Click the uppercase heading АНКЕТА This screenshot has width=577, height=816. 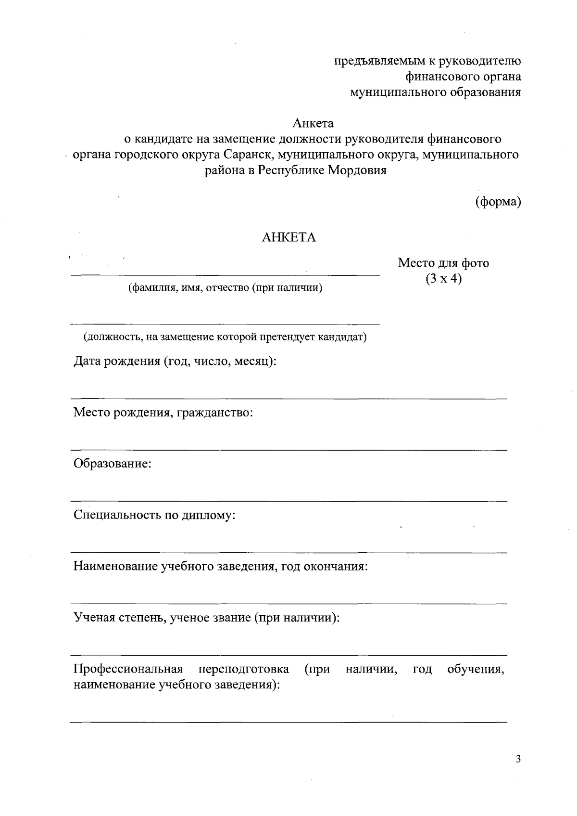[x=288, y=238]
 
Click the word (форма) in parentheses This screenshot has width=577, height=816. [x=498, y=202]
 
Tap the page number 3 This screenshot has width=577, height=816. [x=518, y=760]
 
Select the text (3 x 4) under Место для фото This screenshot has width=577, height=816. [x=443, y=279]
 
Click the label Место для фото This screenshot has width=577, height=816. [x=443, y=263]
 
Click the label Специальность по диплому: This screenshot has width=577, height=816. [x=154, y=515]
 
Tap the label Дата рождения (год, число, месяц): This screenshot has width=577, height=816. [x=175, y=361]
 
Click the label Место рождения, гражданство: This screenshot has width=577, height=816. [x=163, y=413]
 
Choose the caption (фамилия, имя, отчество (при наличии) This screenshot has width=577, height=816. [x=225, y=288]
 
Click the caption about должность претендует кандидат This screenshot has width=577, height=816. [x=225, y=337]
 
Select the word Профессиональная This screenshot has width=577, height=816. [x=128, y=669]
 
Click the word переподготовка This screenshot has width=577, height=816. [x=244, y=669]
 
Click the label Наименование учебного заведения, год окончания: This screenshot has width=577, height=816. [x=220, y=566]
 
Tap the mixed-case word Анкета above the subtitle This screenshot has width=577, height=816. [x=314, y=124]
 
